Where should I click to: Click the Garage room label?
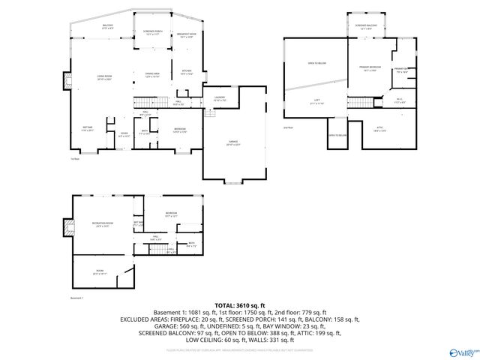[x=234, y=142]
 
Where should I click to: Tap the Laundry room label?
[x=220, y=98]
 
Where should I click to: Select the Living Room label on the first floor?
[x=103, y=77]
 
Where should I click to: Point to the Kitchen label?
[x=187, y=72]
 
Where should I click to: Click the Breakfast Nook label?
[x=187, y=34]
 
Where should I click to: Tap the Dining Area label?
[x=154, y=74]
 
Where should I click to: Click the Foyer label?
[x=124, y=135]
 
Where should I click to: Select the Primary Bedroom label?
[x=367, y=68]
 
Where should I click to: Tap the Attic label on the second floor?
[x=379, y=130]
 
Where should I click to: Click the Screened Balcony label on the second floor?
[x=367, y=26]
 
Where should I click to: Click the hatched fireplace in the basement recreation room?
[x=68, y=226]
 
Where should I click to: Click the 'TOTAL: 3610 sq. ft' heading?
[x=239, y=305]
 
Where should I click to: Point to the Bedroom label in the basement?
[x=172, y=214]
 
